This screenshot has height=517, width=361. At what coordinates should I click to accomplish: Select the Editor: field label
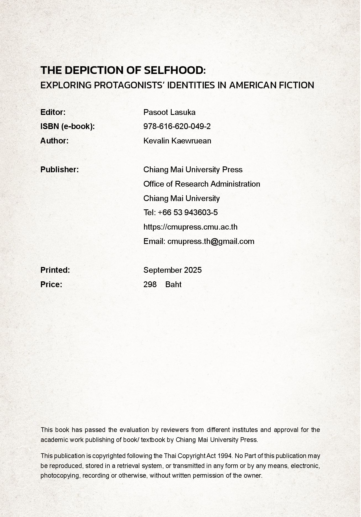[53, 112]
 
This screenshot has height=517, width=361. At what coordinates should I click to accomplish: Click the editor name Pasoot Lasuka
[169, 112]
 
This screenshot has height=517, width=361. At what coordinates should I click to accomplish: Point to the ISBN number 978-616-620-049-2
[177, 126]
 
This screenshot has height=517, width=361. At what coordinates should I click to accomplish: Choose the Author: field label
[54, 141]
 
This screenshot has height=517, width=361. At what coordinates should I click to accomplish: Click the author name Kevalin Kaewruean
[177, 141]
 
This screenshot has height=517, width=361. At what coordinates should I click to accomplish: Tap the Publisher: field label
[59, 169]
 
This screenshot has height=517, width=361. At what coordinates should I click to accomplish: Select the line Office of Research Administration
[202, 184]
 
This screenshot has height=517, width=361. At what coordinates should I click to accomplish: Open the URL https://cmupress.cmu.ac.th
[190, 227]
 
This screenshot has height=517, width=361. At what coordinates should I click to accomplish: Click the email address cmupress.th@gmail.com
[211, 241]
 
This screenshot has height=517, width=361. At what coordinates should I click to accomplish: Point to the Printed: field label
[55, 270]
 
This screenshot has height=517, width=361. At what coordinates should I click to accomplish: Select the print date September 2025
[172, 270]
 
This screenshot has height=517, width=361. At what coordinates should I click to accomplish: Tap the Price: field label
[51, 284]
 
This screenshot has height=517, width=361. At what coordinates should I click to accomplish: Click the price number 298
[150, 284]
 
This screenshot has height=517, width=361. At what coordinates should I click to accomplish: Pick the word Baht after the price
[173, 284]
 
